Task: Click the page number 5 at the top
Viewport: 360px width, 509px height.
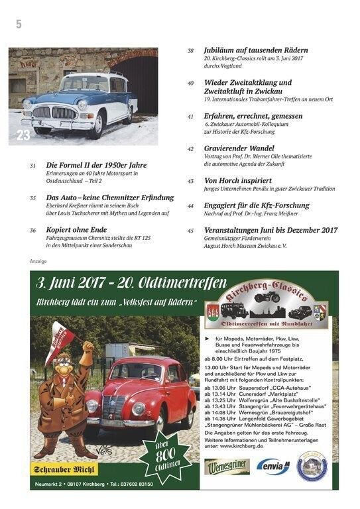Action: [x=19, y=24]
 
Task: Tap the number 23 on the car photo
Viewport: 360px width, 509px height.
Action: [x=23, y=135]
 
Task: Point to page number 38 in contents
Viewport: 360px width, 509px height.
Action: [x=190, y=50]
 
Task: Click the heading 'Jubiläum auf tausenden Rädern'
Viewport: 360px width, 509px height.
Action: [x=256, y=50]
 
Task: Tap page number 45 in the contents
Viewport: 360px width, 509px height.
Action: [x=190, y=231]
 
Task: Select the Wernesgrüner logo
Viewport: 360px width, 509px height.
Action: [x=227, y=467]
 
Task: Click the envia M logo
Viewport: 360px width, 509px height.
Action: [x=273, y=467]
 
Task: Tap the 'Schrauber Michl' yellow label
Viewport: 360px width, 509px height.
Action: [x=62, y=470]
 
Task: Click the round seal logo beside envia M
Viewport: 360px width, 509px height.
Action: [x=311, y=465]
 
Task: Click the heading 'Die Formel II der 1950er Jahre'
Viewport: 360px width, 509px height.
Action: [x=96, y=165]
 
